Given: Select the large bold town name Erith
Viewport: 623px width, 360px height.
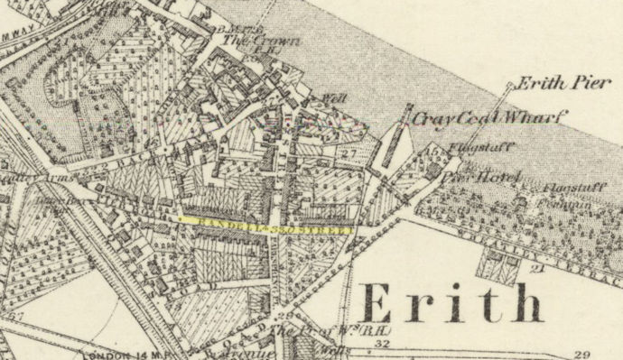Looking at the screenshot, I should tap(453, 303).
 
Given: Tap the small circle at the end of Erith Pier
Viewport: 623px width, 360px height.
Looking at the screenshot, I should tap(508, 86).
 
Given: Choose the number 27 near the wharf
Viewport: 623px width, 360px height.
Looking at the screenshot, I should tap(351, 155).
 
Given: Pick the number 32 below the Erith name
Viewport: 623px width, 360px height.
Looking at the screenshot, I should tap(381, 344).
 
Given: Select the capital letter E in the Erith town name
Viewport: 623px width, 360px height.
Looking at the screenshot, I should tap(384, 303).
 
